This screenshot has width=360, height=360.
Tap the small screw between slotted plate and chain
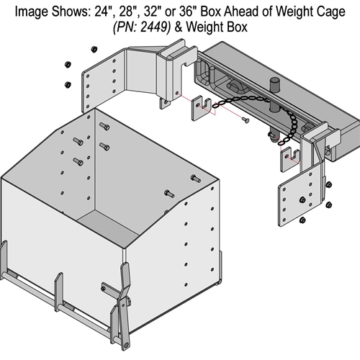[x=246, y=120]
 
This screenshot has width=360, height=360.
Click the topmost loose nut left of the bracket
[x=93, y=49]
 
